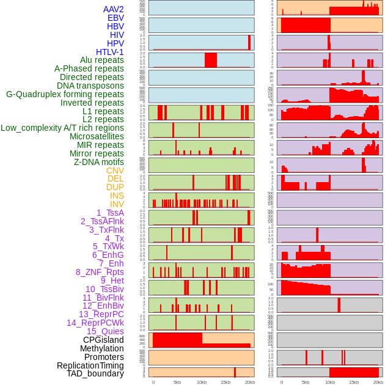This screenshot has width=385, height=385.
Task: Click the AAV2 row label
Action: tap(113, 9)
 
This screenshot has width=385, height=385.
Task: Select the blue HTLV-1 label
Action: tap(109, 52)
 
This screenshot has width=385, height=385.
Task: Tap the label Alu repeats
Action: tap(102, 60)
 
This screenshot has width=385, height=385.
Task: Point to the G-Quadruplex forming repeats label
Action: tap(65, 94)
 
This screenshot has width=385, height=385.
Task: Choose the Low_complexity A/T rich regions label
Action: tap(62, 128)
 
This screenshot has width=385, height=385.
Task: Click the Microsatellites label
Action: tap(97, 136)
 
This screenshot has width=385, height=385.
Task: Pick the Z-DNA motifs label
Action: tap(99, 162)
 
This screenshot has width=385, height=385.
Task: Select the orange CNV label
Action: tap(115, 170)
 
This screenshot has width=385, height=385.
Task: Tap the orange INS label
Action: tap(117, 196)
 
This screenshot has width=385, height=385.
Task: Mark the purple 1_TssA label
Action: tap(110, 213)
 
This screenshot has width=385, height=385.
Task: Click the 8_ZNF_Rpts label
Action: tap(100, 272)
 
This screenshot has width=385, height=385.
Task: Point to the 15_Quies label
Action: tap(105, 331)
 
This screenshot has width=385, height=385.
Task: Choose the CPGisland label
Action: tap(103, 340)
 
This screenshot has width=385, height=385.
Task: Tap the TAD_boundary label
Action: tap(95, 373)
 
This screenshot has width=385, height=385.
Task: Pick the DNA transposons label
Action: tap(90, 86)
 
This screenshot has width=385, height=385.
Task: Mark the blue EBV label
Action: tap(116, 18)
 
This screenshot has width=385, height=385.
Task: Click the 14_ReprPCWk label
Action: tap(95, 323)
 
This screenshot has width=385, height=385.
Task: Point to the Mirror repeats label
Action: tap(97, 153)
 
